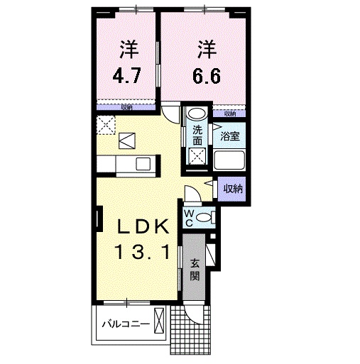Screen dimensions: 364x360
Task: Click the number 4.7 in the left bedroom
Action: click(x=129, y=76)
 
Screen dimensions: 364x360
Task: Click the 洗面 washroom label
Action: click(x=197, y=135)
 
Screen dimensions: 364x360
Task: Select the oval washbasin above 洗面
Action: click(x=197, y=114)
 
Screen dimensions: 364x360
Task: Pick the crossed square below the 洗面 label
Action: click(x=197, y=158)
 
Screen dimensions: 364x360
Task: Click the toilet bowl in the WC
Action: click(x=204, y=218)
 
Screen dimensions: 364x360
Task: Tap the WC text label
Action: click(x=190, y=218)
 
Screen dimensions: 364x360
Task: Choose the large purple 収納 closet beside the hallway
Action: click(x=231, y=189)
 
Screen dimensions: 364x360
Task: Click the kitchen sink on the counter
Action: click(x=142, y=165)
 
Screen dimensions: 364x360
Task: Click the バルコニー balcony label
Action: click(x=124, y=324)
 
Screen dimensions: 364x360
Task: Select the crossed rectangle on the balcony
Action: click(x=162, y=323)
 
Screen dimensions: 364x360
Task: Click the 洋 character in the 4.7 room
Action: click(x=129, y=48)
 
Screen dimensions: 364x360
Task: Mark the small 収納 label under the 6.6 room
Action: click(x=230, y=113)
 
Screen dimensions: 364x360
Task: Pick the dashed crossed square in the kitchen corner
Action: click(x=107, y=125)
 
